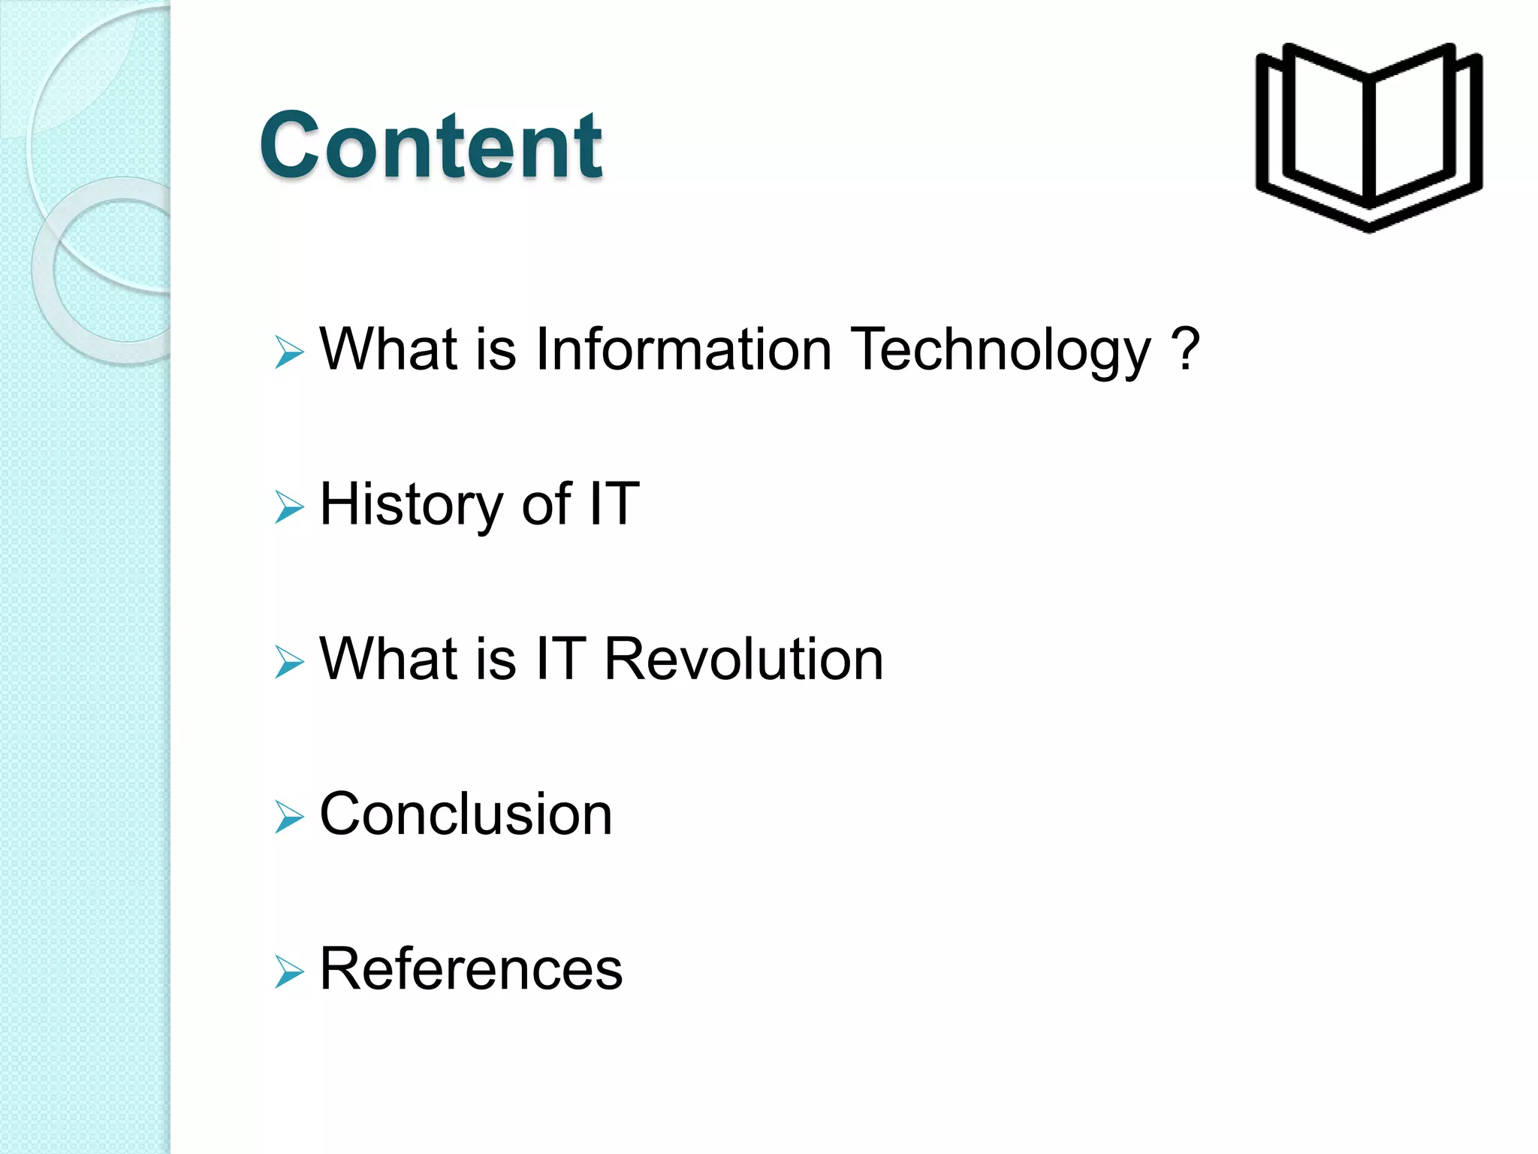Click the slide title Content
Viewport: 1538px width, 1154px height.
pos(430,145)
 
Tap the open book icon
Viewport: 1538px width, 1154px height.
pos(1368,137)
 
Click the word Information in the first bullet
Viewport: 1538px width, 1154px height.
pos(683,349)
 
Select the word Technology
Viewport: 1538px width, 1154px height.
pos(1001,351)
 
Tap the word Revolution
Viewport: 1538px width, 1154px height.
pos(743,659)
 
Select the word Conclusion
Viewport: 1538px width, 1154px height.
pos(466,814)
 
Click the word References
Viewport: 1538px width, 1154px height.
pos(471,968)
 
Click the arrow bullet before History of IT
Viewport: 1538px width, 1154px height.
pos(288,507)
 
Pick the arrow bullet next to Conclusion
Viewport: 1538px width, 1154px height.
pos(288,817)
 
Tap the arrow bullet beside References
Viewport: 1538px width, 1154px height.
pos(288,971)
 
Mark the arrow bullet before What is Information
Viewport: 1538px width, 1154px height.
pos(288,352)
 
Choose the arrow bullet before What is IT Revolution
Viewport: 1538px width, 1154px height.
pos(288,662)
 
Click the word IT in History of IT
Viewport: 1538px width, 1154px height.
pos(614,504)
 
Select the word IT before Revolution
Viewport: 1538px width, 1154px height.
pos(560,659)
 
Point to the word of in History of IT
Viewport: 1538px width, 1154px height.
pos(546,504)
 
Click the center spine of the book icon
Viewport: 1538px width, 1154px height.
pos(1368,143)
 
